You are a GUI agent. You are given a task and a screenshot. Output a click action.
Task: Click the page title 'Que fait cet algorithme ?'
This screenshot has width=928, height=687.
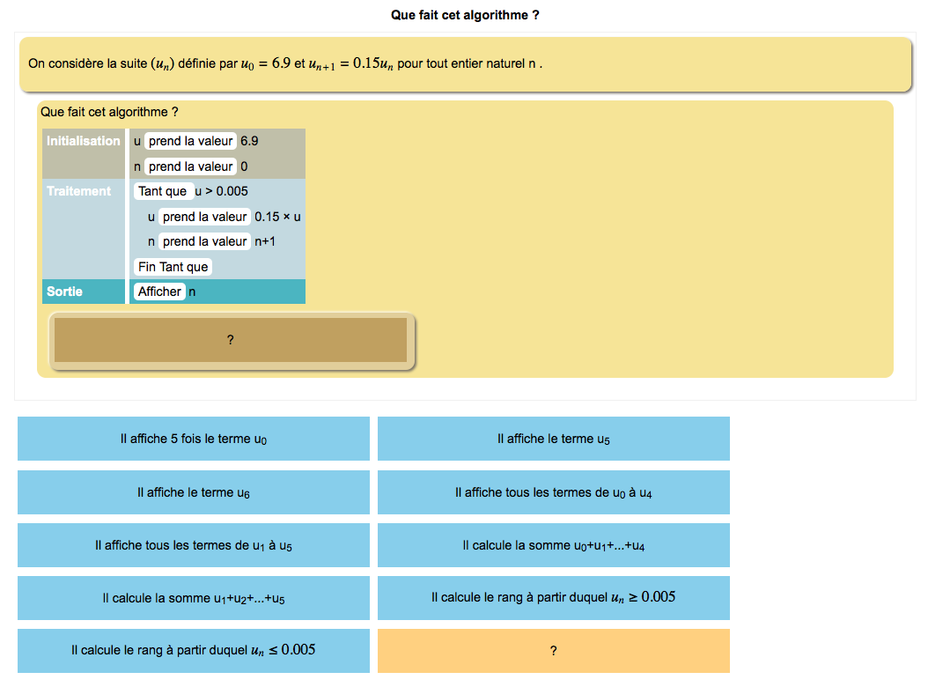pyautogui.click(x=464, y=15)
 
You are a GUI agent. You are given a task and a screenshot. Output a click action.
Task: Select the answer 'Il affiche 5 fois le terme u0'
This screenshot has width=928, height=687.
pyautogui.click(x=194, y=439)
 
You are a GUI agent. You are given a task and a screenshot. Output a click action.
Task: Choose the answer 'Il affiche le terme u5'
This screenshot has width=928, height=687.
pyautogui.click(x=553, y=439)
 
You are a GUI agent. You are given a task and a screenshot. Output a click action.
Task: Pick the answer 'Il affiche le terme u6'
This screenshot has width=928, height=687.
pyautogui.click(x=194, y=492)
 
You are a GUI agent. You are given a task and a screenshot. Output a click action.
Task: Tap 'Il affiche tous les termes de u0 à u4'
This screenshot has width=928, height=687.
pyautogui.click(x=553, y=492)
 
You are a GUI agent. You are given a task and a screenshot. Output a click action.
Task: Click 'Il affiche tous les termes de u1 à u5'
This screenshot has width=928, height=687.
pyautogui.click(x=194, y=545)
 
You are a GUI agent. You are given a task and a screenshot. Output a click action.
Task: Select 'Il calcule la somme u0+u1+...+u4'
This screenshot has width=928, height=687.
pyautogui.click(x=553, y=545)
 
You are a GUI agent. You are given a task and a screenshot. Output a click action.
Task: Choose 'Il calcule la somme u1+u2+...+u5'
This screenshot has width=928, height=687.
pyautogui.click(x=194, y=598)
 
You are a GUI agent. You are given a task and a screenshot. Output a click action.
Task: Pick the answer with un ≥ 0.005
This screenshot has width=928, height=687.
pyautogui.click(x=553, y=598)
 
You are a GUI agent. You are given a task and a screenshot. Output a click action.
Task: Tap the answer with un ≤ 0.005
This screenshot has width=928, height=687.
pyautogui.click(x=194, y=651)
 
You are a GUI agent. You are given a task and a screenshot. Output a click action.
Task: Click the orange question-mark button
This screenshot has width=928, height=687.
pyautogui.click(x=553, y=651)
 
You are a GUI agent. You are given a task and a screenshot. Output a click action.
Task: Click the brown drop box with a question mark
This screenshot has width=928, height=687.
pyautogui.click(x=231, y=340)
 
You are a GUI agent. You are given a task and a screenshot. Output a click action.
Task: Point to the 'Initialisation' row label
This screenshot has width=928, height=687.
pyautogui.click(x=84, y=141)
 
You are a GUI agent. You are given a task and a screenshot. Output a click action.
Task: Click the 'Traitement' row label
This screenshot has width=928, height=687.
pyautogui.click(x=79, y=191)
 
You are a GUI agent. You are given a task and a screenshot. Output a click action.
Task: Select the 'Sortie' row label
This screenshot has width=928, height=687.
pyautogui.click(x=65, y=292)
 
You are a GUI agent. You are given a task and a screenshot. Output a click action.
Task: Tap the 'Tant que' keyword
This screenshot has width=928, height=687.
pyautogui.click(x=163, y=191)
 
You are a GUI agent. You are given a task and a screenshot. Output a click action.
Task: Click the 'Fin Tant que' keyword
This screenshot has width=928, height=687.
pyautogui.click(x=173, y=267)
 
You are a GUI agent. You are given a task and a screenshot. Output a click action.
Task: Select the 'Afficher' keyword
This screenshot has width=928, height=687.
pyautogui.click(x=159, y=292)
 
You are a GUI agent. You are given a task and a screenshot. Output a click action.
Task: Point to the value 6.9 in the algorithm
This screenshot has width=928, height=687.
pyautogui.click(x=249, y=141)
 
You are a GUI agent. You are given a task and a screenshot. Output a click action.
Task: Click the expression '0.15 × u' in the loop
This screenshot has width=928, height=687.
pyautogui.click(x=277, y=217)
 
